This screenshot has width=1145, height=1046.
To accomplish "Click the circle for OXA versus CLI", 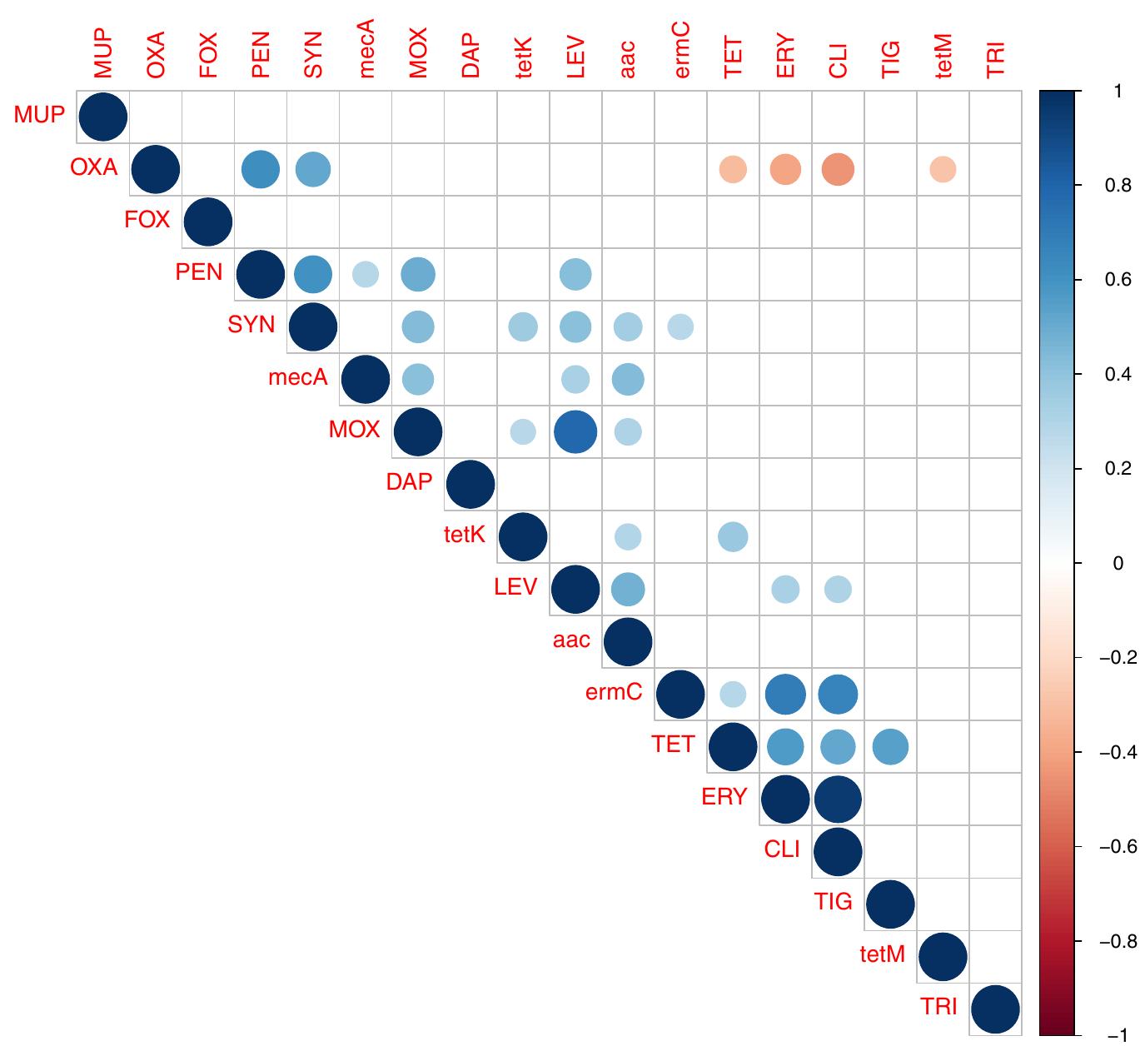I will (838, 169).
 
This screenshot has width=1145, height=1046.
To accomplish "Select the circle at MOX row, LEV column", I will (575, 431).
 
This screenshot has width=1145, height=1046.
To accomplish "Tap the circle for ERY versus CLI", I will (838, 799).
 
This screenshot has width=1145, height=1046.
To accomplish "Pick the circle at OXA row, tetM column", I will (943, 169).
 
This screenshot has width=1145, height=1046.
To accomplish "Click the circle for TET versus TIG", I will (890, 746).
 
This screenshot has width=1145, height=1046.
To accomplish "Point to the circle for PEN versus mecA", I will (366, 274).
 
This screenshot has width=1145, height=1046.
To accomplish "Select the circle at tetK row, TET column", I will (733, 536).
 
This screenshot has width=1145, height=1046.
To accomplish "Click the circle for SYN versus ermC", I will (680, 326).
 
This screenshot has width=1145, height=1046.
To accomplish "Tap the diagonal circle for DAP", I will (470, 484).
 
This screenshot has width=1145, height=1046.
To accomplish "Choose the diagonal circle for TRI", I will (995, 1009).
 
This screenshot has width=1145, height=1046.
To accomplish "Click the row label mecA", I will (298, 377).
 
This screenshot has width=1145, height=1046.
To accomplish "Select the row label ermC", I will (614, 692).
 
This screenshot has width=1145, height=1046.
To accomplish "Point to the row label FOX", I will (147, 220).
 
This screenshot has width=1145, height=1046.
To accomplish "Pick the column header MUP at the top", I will (103, 55).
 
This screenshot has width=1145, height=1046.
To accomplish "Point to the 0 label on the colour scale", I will (1118, 564).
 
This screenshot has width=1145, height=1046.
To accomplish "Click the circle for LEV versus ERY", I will (785, 589).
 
